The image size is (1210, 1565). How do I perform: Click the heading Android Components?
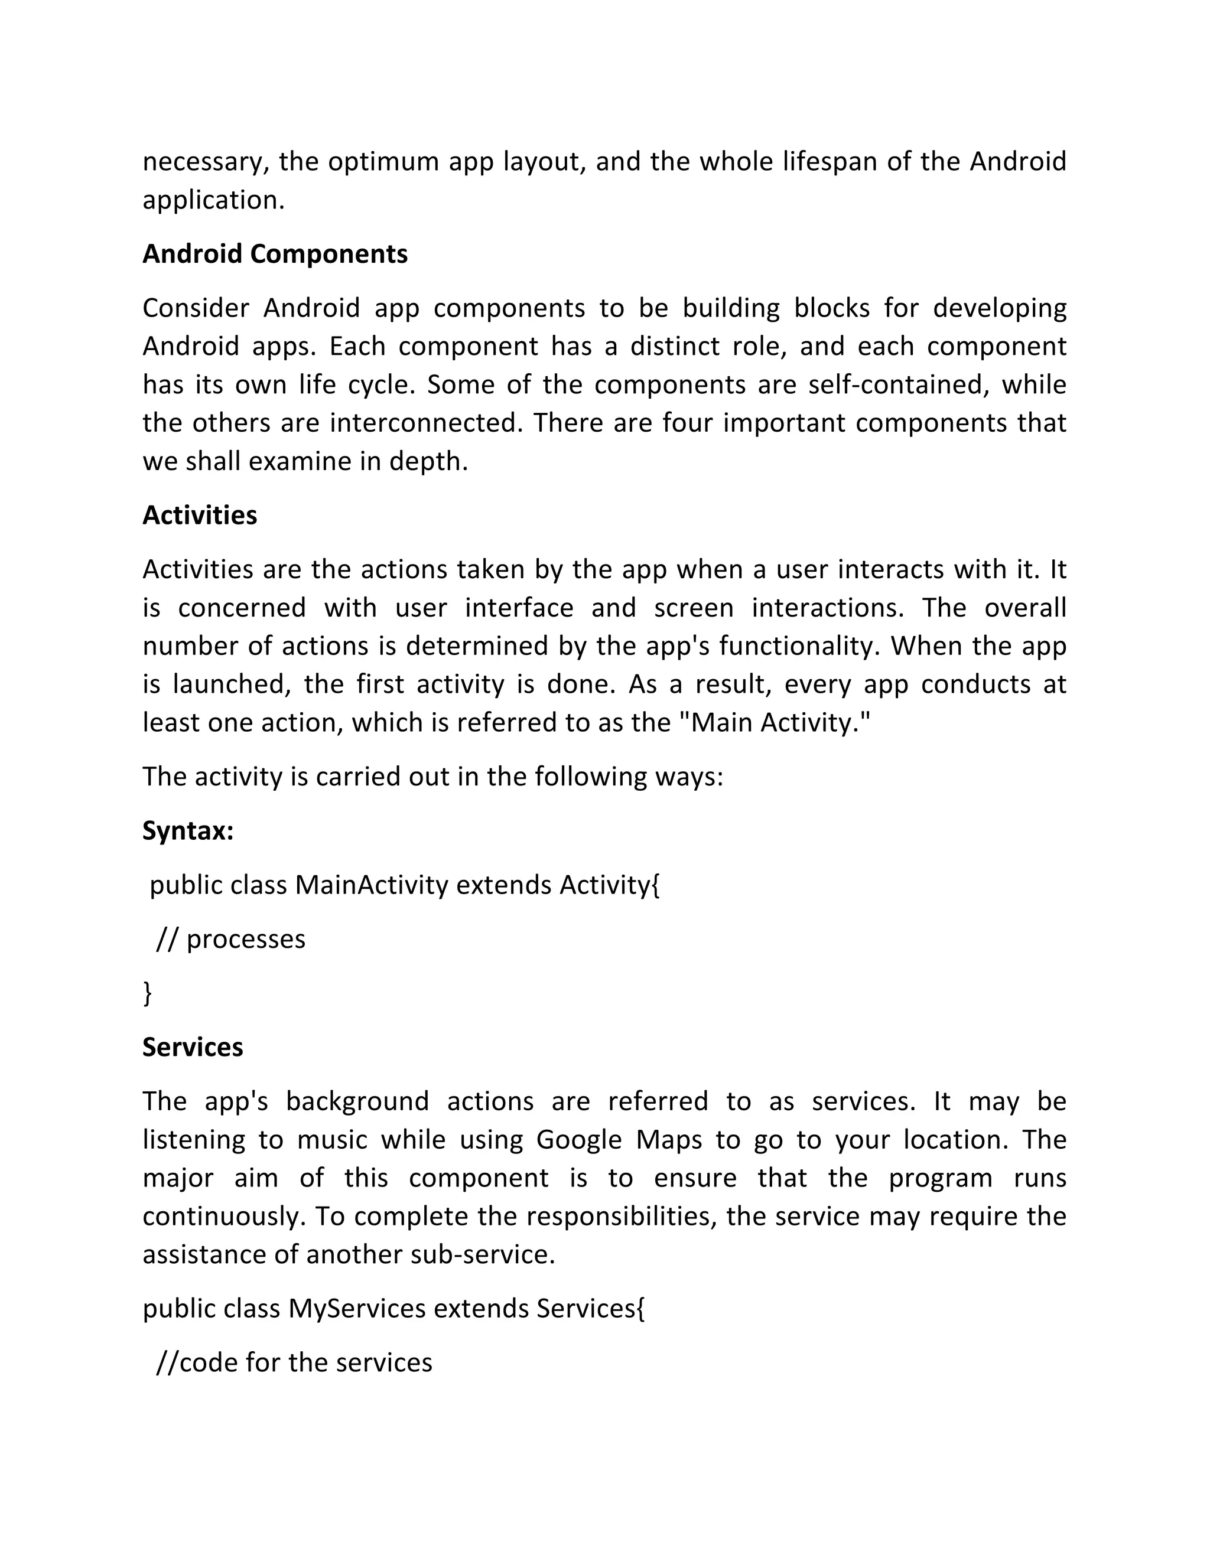tap(275, 255)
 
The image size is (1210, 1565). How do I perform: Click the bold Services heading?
tap(192, 1048)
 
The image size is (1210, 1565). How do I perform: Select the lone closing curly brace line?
tap(148, 993)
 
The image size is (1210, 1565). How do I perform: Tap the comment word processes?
tap(246, 940)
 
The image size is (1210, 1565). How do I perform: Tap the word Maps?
tap(668, 1139)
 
